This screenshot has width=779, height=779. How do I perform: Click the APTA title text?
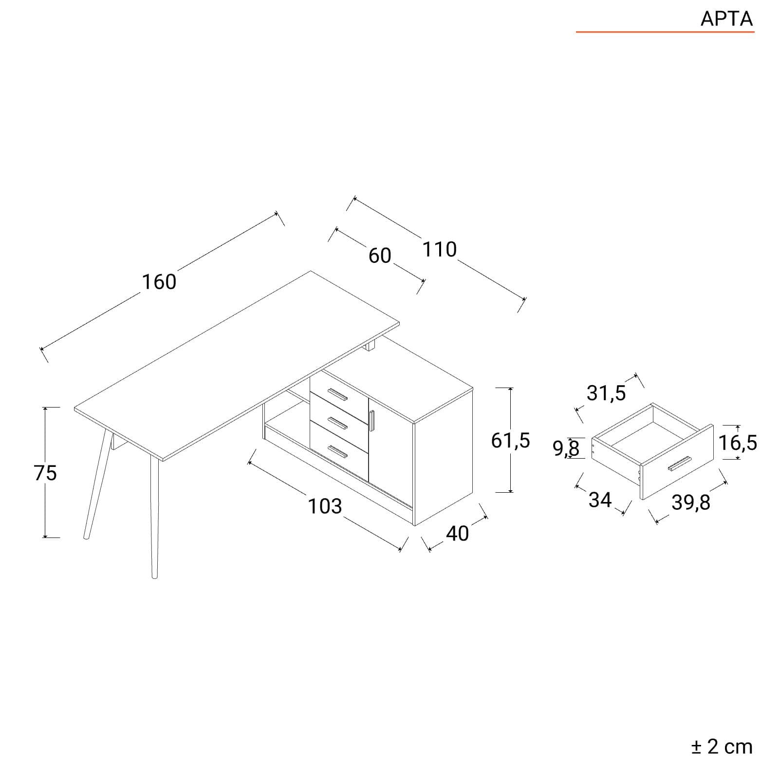tap(726, 19)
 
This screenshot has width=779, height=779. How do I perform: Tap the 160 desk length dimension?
tap(159, 282)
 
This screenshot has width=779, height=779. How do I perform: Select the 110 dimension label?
tap(439, 249)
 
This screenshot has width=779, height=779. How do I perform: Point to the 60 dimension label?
tap(380, 256)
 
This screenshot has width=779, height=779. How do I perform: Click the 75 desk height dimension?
tap(45, 473)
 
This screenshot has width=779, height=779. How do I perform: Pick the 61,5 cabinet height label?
tap(510, 441)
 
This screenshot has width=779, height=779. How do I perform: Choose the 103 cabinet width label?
tap(325, 506)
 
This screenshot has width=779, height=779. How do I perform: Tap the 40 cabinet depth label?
tap(457, 534)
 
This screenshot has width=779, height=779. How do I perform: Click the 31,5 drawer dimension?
tap(606, 393)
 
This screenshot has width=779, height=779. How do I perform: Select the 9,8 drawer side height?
tap(566, 448)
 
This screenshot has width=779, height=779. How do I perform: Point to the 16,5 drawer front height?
tap(738, 443)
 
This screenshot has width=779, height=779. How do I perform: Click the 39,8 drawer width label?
tap(691, 502)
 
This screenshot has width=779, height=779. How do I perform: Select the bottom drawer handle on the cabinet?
tap(338, 452)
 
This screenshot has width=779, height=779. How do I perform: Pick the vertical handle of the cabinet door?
tap(372, 421)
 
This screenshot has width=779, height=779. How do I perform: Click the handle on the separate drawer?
tap(680, 464)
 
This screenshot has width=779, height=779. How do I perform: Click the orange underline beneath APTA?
tap(665, 32)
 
